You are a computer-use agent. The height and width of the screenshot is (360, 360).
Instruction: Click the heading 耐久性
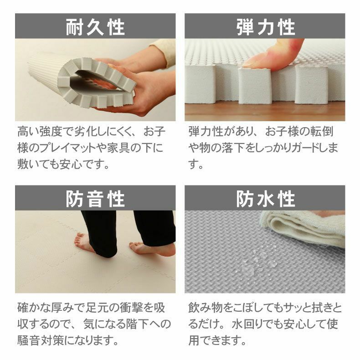coord(95,27)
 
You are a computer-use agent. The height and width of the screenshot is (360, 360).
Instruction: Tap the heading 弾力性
coord(265,27)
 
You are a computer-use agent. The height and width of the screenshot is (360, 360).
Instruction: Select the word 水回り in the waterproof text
coord(248,324)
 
